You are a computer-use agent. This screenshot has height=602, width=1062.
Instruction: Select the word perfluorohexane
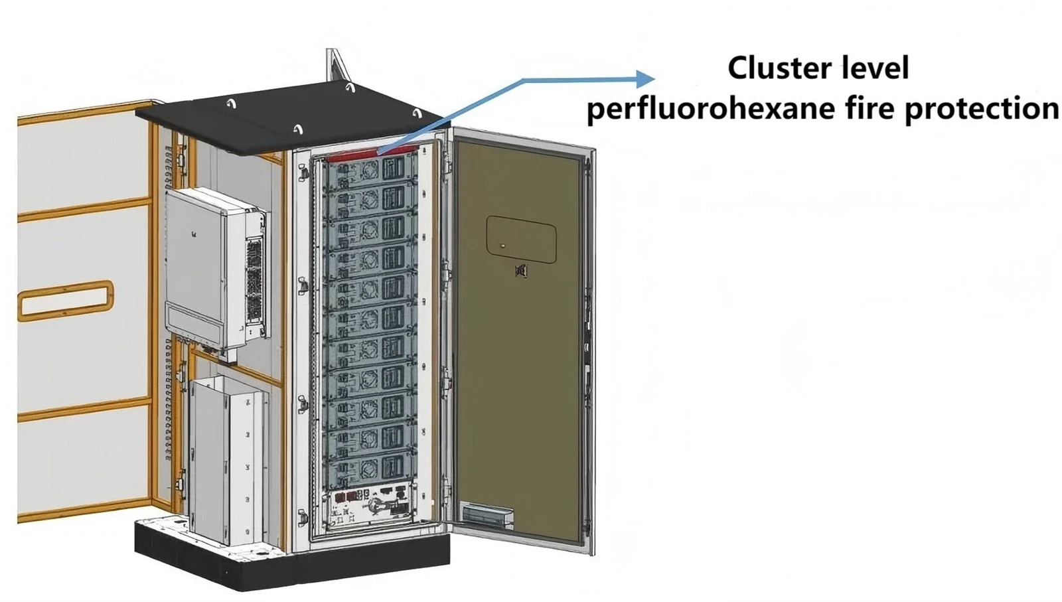click(x=711, y=109)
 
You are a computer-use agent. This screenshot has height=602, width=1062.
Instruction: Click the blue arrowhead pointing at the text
click(x=645, y=79)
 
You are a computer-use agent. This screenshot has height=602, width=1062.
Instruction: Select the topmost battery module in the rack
click(x=369, y=171)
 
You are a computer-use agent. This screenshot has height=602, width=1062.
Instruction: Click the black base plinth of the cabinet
click(x=291, y=560)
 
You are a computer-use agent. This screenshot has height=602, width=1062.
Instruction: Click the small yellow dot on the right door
click(x=503, y=246)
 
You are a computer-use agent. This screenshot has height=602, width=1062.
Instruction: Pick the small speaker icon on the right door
click(x=521, y=271)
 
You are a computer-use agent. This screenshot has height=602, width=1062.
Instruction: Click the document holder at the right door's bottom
click(x=487, y=515)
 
